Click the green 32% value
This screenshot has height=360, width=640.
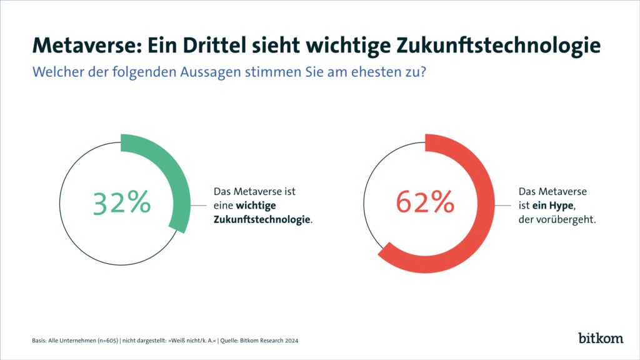tap(122, 203)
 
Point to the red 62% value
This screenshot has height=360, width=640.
tap(425, 203)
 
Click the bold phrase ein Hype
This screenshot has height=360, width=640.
tap(551, 205)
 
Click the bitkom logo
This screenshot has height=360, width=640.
tap(601, 338)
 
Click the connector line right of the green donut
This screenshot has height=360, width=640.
tap(198, 205)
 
